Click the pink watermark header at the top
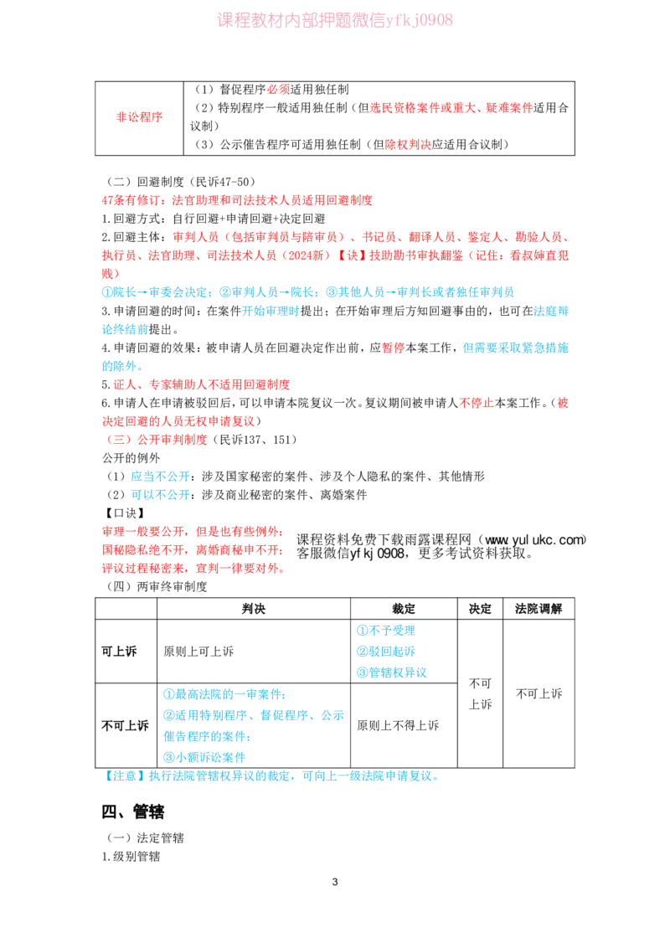pyautogui.click(x=334, y=20)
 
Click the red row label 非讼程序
pyautogui.click(x=139, y=116)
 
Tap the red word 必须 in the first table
pyautogui.click(x=278, y=90)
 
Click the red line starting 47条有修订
pyautogui.click(x=237, y=200)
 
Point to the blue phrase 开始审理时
pyautogui.click(x=271, y=311)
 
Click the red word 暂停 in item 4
pyautogui.click(x=394, y=348)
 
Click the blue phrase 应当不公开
pyautogui.click(x=160, y=477)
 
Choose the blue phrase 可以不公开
pyautogui.click(x=160, y=495)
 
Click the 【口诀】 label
pyautogui.click(x=125, y=513)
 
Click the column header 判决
pyautogui.click(x=254, y=609)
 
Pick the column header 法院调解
pyautogui.click(x=539, y=609)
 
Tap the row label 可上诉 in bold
pyautogui.click(x=119, y=652)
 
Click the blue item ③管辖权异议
pyautogui.click(x=392, y=672)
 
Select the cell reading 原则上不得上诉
pyautogui.click(x=398, y=725)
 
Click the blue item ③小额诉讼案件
pyautogui.click(x=204, y=757)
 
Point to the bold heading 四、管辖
pyautogui.click(x=133, y=811)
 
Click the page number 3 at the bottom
pyautogui.click(x=335, y=882)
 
